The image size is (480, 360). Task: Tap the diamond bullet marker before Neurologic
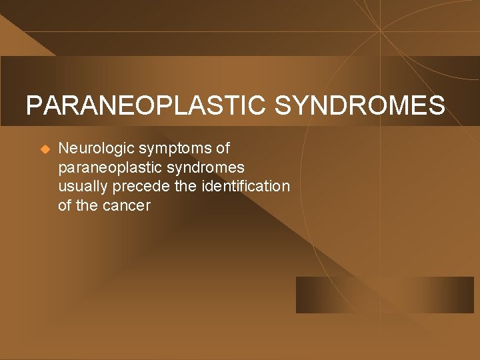point(45,149)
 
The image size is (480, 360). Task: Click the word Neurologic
point(96,148)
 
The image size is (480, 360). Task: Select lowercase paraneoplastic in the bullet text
point(107,167)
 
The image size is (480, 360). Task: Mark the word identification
point(246,186)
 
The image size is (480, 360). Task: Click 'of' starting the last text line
point(65,205)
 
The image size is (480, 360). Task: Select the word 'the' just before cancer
point(87,205)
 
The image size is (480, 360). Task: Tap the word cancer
point(127,205)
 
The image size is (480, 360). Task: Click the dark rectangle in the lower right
point(385,295)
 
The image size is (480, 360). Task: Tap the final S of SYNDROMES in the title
point(436,105)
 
